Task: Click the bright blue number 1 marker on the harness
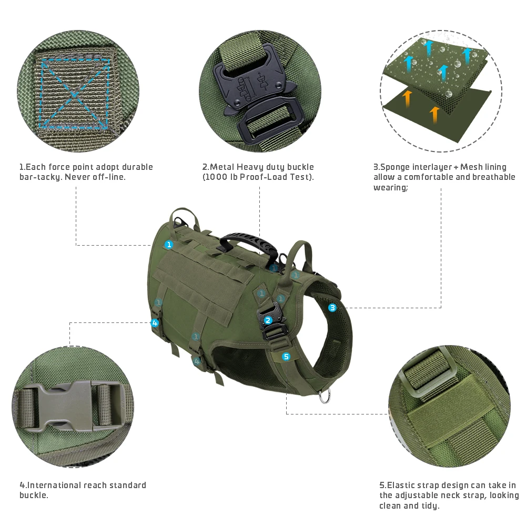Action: coord(169,245)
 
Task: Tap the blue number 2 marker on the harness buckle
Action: coord(268,320)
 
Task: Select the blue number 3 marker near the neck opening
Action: coord(332,308)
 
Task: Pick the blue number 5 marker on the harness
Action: coord(286,357)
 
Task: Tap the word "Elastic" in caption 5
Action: coord(401,485)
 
